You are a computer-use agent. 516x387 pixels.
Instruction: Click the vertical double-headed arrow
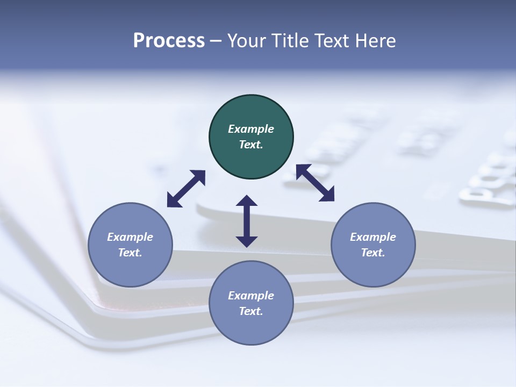tap(247, 221)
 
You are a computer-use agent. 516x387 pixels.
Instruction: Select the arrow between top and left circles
tap(186, 189)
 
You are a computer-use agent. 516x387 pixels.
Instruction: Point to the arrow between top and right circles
tap(315, 183)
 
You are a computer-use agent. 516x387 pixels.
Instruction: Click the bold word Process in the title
tap(169, 41)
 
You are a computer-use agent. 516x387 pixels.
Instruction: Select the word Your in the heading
tap(246, 41)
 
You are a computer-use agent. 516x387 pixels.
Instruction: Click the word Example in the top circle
tap(251, 129)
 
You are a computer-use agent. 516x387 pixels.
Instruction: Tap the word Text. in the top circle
tap(251, 145)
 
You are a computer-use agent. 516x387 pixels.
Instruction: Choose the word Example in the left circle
tap(130, 237)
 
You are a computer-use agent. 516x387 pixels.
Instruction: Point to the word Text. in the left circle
tap(130, 253)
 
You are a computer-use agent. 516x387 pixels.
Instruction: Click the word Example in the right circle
tap(373, 237)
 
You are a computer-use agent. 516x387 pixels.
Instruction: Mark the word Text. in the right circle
tap(373, 253)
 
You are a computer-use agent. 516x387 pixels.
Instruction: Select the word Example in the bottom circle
tap(251, 296)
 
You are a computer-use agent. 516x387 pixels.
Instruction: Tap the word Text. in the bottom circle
tap(251, 311)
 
